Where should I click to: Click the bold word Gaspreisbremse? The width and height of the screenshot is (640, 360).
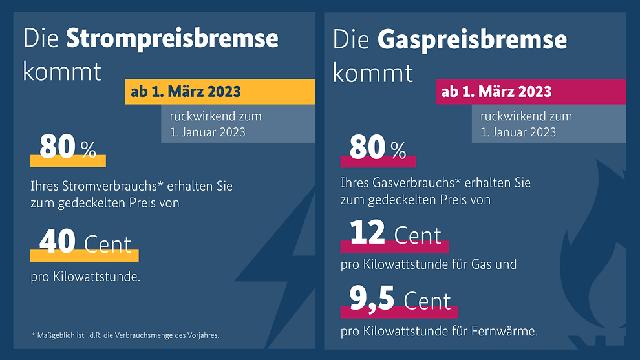[x=480, y=40]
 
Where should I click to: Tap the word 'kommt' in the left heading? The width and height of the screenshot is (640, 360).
[x=64, y=74]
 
